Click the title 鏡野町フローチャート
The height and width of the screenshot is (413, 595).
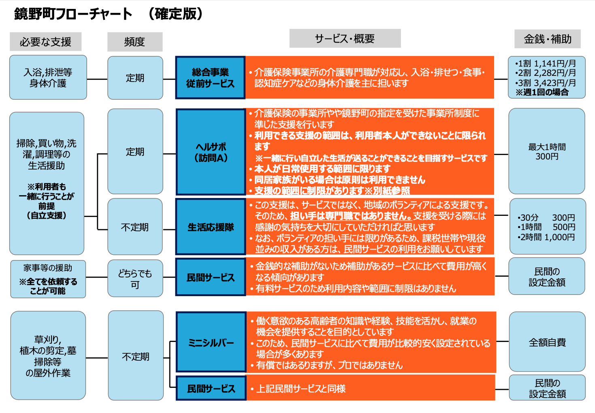click(73, 14)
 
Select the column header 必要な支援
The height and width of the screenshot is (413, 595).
click(45, 42)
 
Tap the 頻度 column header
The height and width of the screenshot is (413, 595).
click(134, 42)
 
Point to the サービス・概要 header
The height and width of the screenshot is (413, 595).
click(345, 39)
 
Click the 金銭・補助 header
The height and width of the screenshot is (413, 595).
click(547, 39)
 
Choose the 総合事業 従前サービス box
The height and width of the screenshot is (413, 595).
click(210, 77)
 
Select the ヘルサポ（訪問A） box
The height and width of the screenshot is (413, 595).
click(211, 152)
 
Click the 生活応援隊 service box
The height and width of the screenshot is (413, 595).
click(211, 227)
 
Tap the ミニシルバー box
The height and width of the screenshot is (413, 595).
click(211, 342)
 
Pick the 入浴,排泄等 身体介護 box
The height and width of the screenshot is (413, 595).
click(48, 77)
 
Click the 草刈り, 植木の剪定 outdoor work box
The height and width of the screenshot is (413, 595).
click(48, 356)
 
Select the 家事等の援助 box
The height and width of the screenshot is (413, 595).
click(48, 279)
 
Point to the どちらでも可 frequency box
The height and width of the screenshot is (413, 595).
click(135, 279)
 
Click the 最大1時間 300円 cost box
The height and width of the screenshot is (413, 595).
click(546, 151)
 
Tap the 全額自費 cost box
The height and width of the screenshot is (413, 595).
click(547, 342)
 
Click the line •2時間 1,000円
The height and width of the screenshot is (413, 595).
click(546, 237)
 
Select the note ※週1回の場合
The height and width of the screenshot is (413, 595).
click(542, 92)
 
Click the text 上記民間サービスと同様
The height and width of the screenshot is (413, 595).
click(301, 389)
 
